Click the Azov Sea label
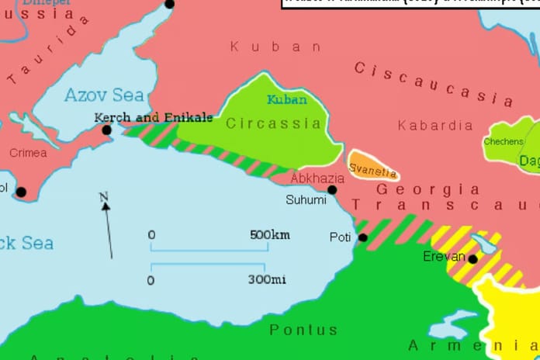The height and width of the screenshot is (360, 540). click(104, 95)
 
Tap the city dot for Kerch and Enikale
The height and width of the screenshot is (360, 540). click(107, 130)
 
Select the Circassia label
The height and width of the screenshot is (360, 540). click(273, 123)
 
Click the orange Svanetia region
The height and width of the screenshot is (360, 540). click(373, 166)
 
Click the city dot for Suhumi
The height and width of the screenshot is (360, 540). click(332, 189)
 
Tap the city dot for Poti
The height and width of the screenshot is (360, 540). click(362, 237)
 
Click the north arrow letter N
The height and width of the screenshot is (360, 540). click(103, 198)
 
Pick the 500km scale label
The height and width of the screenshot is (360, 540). click(269, 234)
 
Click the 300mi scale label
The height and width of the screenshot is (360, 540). click(266, 279)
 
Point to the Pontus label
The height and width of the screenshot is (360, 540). click(303, 331)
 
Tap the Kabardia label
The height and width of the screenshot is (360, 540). click(434, 125)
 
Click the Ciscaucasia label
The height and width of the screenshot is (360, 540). click(434, 84)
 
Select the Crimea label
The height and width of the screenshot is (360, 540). click(28, 153)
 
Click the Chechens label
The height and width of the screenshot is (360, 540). click(504, 142)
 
